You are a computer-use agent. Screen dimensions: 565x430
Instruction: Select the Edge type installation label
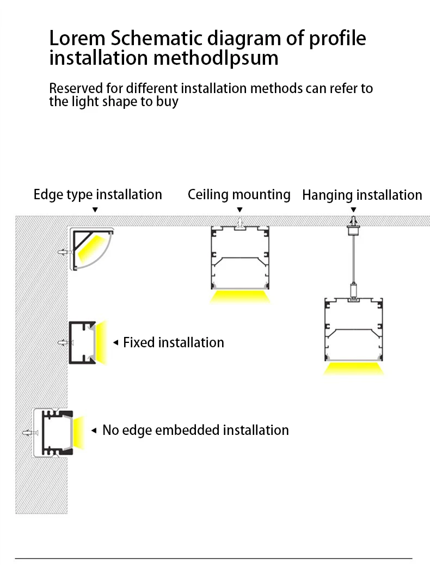[98, 194]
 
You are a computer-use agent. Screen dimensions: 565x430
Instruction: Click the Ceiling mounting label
[239, 194]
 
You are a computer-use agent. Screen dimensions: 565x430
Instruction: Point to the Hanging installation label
[362, 195]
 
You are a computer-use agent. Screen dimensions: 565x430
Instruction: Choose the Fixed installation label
[174, 342]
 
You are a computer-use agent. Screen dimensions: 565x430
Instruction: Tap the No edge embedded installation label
[195, 430]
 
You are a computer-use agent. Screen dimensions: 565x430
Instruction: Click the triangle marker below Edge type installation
[95, 210]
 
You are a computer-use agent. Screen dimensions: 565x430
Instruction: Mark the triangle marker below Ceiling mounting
[239, 210]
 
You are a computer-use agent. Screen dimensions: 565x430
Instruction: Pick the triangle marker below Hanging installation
[353, 210]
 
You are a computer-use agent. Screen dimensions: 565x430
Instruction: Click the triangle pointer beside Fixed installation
[115, 343]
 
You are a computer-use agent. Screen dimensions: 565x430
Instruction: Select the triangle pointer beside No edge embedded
[95, 431]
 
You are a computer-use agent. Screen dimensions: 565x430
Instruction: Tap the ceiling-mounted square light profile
[239, 258]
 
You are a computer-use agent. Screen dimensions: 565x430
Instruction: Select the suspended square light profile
[354, 329]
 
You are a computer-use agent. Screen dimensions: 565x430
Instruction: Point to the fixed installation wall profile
[82, 342]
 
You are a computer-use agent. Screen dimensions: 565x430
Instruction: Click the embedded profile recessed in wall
[54, 432]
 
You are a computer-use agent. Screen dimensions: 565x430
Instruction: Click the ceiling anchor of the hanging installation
[353, 223]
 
